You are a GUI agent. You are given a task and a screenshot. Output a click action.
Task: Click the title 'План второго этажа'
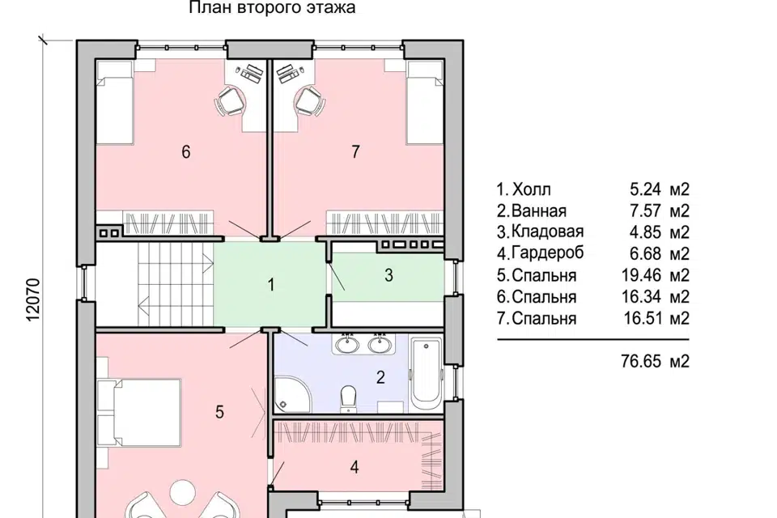point(272,7)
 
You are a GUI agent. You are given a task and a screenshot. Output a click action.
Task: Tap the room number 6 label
point(186,151)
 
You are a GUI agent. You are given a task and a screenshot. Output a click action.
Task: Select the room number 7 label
point(355,151)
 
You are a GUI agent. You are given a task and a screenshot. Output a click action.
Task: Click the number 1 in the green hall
point(270,285)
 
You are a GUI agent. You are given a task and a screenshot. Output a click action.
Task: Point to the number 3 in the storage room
point(388,275)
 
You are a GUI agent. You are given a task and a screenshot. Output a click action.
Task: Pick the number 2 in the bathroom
point(380,378)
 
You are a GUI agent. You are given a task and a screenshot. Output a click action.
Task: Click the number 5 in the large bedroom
point(219,412)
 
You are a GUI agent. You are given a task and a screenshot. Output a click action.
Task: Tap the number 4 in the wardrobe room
point(355,467)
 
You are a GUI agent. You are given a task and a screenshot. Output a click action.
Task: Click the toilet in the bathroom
point(349,398)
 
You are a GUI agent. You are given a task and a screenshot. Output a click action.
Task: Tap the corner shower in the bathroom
point(293,394)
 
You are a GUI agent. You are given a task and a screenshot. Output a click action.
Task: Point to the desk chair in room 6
point(231,101)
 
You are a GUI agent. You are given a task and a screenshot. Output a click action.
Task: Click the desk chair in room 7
point(310,101)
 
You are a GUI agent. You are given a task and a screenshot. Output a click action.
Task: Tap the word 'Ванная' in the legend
point(539,210)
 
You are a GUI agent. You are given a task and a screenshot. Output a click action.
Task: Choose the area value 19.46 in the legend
point(641,275)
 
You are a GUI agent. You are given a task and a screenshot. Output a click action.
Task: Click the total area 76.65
point(641,361)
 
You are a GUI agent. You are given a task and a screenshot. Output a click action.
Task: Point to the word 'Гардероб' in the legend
point(548,253)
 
